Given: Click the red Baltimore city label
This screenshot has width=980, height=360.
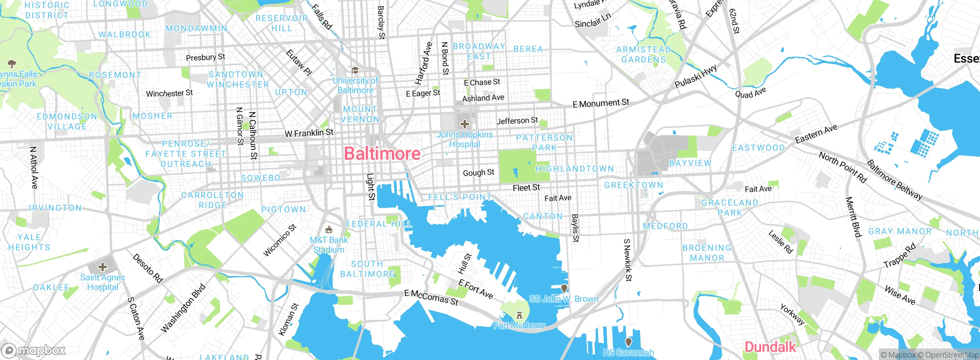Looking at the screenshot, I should coord(382,154).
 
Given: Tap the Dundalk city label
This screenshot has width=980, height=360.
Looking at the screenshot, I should coord(770,347).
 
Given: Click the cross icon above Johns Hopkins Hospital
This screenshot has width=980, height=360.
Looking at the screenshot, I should coord(464,124).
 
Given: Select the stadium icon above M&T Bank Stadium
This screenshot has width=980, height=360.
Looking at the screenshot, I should coord(328,230).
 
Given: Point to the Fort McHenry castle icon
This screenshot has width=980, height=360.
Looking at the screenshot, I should coord(519,315).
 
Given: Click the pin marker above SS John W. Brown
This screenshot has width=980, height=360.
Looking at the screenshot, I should coord(564,288).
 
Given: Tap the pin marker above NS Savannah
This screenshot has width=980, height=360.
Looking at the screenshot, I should coord(628,341).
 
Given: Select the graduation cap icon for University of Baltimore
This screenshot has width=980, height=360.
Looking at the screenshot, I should coord(355,70).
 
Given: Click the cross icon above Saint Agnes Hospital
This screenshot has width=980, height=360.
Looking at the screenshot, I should coord(102,267).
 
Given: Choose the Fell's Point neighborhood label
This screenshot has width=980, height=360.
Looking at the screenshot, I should coord(459,197).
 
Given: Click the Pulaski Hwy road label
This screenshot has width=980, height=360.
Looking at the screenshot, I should coord(696,76).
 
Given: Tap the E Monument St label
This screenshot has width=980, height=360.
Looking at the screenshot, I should coord(601,103).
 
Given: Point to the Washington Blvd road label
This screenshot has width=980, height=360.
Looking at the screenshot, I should coord(183,308).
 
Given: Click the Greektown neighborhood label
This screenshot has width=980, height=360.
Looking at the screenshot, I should coord(633,185).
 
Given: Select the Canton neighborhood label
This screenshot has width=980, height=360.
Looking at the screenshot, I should coord(543,216).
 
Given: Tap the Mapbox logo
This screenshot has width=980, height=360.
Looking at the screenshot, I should coord(34,350).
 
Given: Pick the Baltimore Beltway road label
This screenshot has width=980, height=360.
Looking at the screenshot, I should coord(894,180).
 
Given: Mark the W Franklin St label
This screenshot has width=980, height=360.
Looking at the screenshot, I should coord(309,133).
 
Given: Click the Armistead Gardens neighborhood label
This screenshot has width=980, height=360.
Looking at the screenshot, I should coord(644,54).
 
